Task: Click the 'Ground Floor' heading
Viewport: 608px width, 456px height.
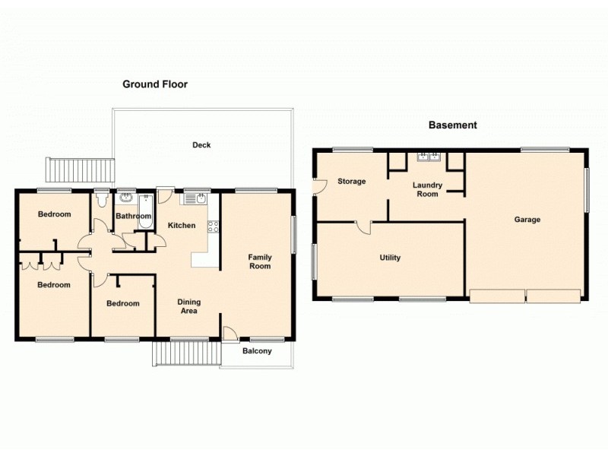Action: [155, 84]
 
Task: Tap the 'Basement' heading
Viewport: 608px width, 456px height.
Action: [452, 125]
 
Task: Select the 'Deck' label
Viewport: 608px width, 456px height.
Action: [201, 145]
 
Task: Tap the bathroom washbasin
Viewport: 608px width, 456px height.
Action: [125, 199]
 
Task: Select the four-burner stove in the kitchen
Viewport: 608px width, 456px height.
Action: [213, 225]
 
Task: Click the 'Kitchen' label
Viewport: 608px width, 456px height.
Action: [182, 225]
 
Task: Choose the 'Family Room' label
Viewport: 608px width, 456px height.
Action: [260, 262]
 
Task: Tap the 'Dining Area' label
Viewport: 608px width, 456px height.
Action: [188, 306]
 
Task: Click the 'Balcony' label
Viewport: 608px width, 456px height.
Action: [257, 351]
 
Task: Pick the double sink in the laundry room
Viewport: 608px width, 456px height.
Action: [429, 158]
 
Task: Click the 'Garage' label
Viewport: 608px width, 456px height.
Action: [527, 220]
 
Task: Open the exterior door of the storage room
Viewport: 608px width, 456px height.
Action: [319, 185]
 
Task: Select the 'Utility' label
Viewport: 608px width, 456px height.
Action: [390, 258]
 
